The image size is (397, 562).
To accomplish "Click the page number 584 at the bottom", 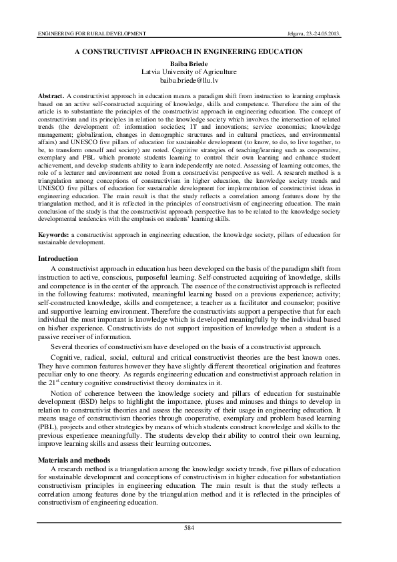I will (x=198, y=528).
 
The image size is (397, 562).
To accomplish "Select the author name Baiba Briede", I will (x=198, y=61).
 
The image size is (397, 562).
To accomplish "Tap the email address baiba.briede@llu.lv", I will (x=198, y=79).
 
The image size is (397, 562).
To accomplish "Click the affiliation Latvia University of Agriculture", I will (x=198, y=70).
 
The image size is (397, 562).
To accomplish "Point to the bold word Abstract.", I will (x=51, y=96).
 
